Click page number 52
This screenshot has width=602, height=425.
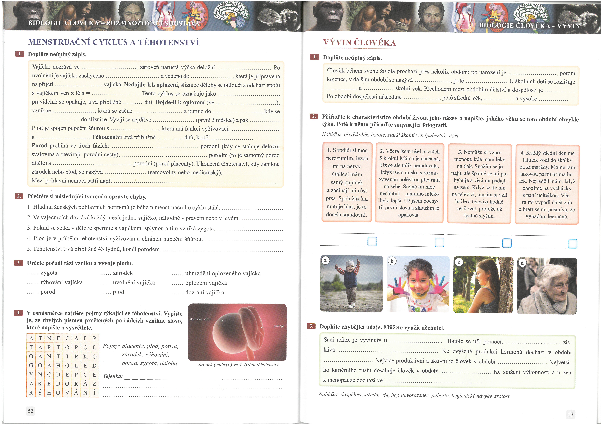pyautogui.click(x=30, y=411)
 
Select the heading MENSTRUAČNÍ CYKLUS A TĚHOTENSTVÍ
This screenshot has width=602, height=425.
pyautogui.click(x=114, y=42)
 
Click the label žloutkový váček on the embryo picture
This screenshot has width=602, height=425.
pyautogui.click(x=200, y=319)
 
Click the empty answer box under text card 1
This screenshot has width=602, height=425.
pyautogui.click(x=372, y=241)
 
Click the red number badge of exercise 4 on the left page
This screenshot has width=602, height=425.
pyautogui.click(x=18, y=313)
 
